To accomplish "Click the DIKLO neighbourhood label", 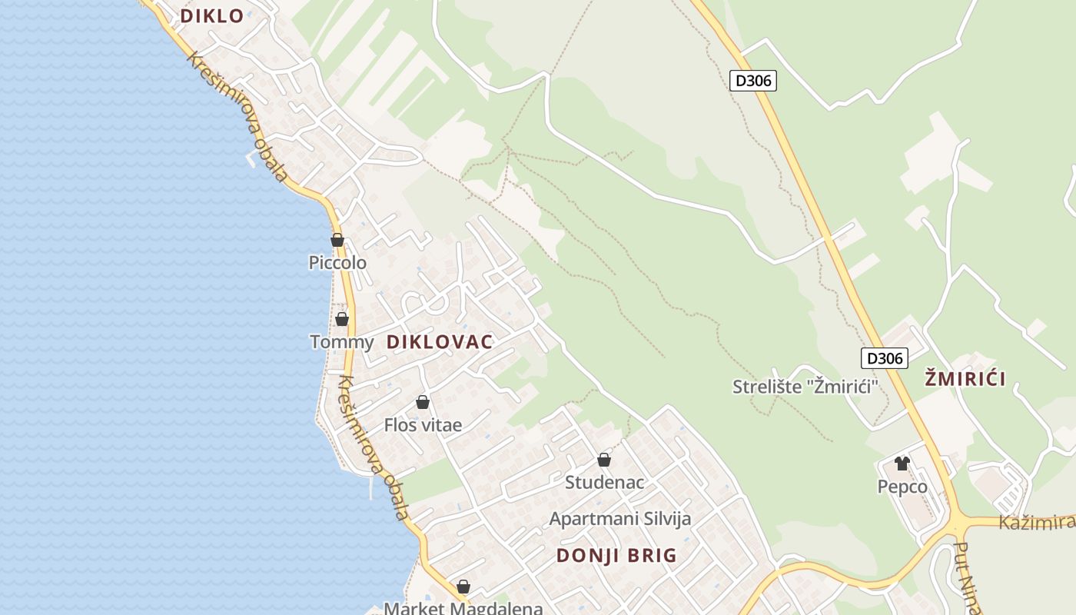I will point(211,15).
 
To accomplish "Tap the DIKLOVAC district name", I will point(439,342).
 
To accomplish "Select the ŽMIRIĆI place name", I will point(965,378).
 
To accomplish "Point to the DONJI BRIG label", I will point(616,555).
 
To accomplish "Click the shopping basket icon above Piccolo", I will point(337,240).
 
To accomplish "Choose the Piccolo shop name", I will point(337,263).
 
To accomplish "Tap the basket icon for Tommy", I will point(342,319).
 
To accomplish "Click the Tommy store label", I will point(341,342).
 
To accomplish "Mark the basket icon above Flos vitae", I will point(422,402).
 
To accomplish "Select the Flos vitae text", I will point(423,425).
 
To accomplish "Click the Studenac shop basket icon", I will point(604,460).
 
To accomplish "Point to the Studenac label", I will point(604,483).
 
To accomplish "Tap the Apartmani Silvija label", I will point(619,519).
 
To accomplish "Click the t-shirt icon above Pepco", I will point(902,464).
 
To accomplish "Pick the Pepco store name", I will point(902,487).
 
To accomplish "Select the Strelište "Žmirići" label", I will point(805,386).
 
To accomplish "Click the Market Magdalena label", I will point(463,608).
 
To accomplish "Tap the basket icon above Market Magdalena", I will point(463,587).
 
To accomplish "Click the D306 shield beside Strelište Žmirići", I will point(884,357).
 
